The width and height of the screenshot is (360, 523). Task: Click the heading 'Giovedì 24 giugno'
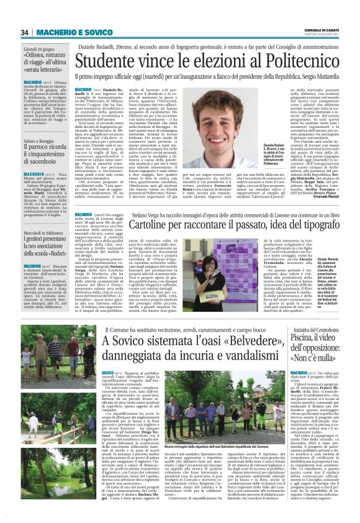click(x=38, y=48)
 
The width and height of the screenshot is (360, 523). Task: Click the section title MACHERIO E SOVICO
click(x=62, y=32)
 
